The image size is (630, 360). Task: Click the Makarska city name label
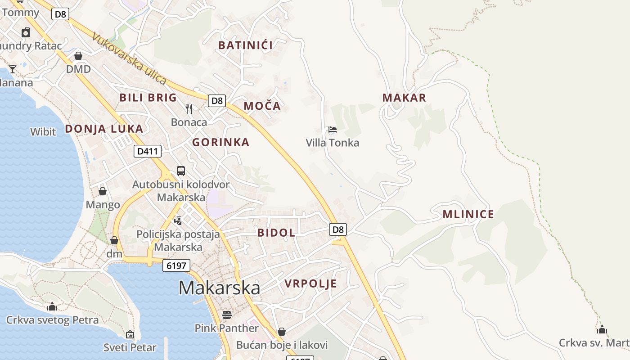[x=219, y=288]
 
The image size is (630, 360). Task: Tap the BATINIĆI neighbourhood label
[x=246, y=45]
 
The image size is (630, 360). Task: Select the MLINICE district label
[x=468, y=214]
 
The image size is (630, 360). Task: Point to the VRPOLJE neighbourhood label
[x=310, y=283]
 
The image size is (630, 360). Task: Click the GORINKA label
[x=220, y=143]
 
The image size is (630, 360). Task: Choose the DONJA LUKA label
[x=104, y=129]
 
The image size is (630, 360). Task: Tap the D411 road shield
[x=148, y=151]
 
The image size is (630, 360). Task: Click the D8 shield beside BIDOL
[x=338, y=230]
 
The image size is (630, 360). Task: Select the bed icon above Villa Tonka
[x=333, y=130]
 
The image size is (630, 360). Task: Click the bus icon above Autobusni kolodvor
[x=181, y=171]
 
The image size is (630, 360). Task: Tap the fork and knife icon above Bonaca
[x=189, y=108]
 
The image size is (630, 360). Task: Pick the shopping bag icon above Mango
[x=103, y=191]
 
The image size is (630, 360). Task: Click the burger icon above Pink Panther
[x=227, y=315]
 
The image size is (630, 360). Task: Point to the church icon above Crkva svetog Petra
[x=52, y=306]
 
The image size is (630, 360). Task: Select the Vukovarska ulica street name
[x=129, y=58]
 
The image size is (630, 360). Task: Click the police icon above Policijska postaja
[x=178, y=220]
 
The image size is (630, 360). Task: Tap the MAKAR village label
[x=404, y=98]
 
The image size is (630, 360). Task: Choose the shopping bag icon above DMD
[x=78, y=56]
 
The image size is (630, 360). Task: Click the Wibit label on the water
[x=43, y=132]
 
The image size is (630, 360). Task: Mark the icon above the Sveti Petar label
[x=130, y=334]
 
